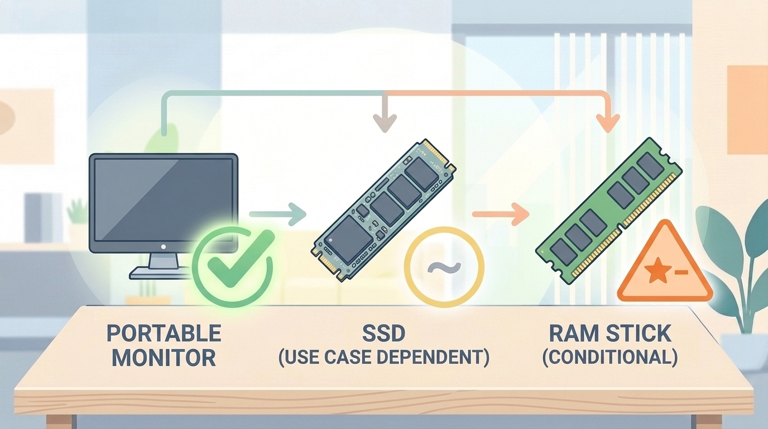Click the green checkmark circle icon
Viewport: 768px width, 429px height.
pos(232,266)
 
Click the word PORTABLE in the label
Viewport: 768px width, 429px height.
pos(164,334)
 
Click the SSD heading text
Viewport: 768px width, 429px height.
pos(383,334)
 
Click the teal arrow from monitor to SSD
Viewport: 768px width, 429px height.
pos(277,214)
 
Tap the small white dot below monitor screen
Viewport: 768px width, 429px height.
pos(164,246)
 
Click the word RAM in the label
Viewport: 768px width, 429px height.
pos(573,334)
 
